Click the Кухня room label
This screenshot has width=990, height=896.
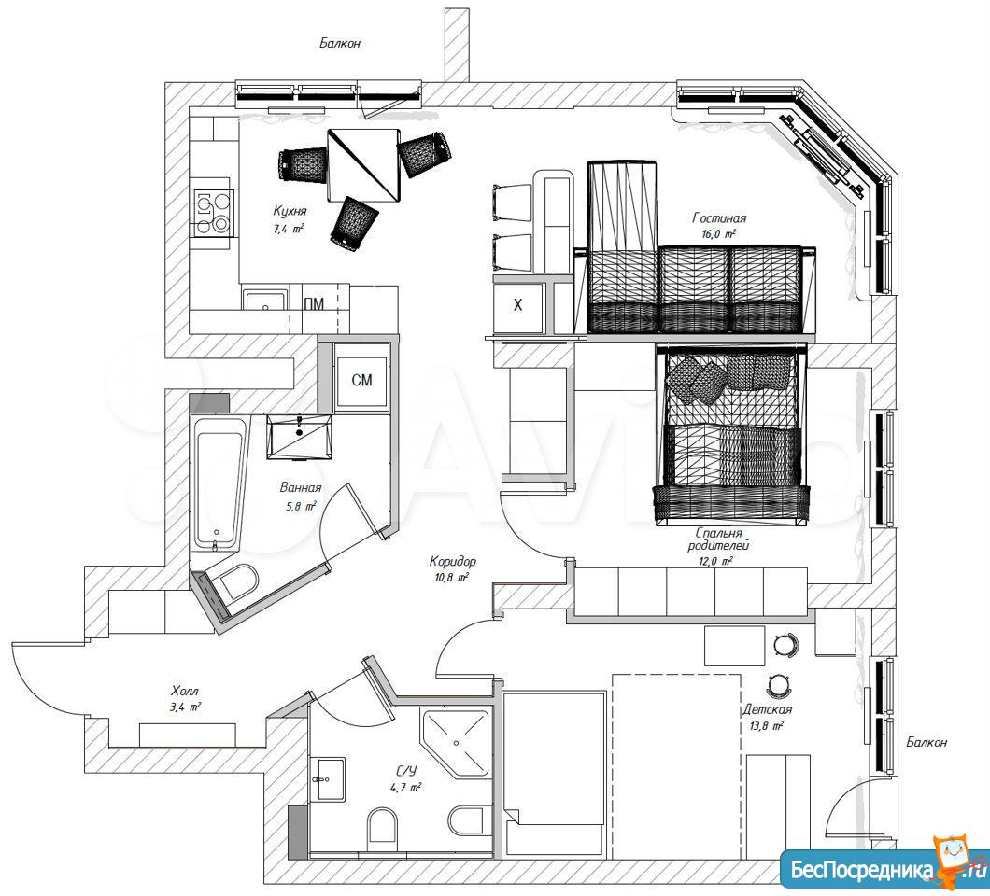290,211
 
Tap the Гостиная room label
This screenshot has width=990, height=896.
719,218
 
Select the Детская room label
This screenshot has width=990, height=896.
767,709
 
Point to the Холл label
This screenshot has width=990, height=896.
185,692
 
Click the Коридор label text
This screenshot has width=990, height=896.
453,561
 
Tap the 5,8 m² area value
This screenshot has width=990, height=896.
301,506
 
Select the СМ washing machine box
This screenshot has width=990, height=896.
361,381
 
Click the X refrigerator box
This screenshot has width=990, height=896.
518,306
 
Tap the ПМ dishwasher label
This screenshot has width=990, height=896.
314,305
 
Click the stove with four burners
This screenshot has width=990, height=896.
211,213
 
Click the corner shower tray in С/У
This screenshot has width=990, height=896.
456,743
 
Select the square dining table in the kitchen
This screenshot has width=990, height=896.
364,165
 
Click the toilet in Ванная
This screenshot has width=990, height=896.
234,581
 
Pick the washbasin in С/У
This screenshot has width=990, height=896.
329,779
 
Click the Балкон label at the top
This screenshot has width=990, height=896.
340,44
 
